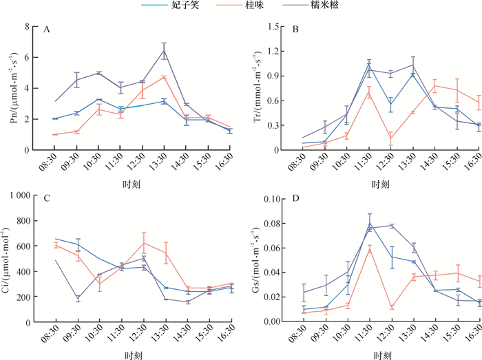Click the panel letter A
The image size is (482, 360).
tap(47, 30)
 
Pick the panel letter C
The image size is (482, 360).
tap(47, 200)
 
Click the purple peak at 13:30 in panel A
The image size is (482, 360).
tap(164, 50)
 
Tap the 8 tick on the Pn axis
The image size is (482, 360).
tap(28, 27)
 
